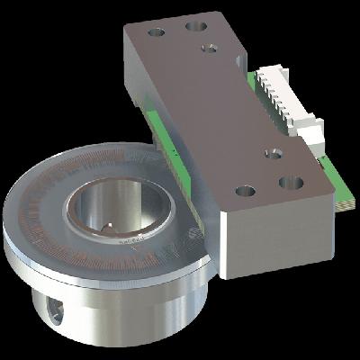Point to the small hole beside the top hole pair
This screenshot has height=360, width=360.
(210, 48)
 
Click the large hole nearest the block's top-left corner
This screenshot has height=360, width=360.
(157, 32)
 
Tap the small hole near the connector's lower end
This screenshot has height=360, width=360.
(274, 154)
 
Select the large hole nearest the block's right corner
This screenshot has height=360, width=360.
(291, 182)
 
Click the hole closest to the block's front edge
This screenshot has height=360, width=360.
(244, 191)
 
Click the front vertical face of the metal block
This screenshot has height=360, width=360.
(270, 234)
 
